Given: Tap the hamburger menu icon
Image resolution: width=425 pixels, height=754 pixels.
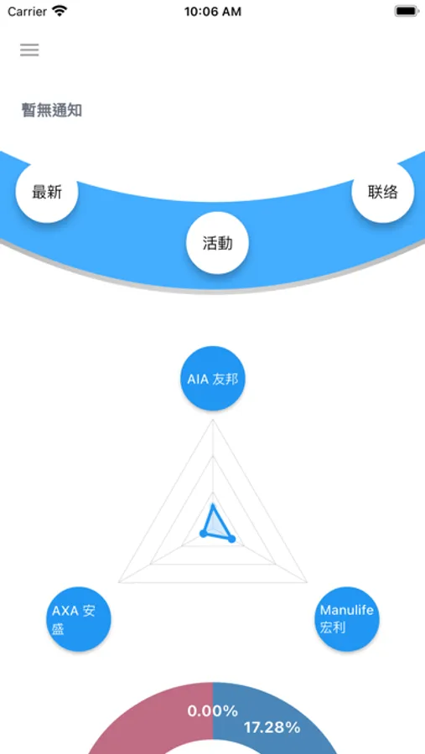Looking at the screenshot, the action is pyautogui.click(x=29, y=50).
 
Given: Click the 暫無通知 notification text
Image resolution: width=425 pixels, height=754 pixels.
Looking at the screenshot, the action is pyautogui.click(x=51, y=111).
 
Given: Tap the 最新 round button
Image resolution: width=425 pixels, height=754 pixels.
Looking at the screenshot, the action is pyautogui.click(x=47, y=192).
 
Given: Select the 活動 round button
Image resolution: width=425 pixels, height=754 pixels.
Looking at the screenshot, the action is pyautogui.click(x=217, y=243).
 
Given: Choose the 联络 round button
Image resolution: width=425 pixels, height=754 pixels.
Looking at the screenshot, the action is pyautogui.click(x=382, y=192).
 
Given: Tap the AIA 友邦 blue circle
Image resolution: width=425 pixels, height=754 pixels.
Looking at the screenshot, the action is pyautogui.click(x=213, y=379).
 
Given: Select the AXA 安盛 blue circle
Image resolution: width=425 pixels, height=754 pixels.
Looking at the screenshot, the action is pyautogui.click(x=79, y=619).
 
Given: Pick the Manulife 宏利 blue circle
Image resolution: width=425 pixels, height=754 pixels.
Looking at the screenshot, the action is pyautogui.click(x=346, y=619).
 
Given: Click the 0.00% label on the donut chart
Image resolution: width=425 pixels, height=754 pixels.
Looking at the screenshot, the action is pyautogui.click(x=212, y=711).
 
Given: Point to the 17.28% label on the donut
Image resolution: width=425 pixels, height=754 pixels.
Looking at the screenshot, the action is pyautogui.click(x=272, y=727).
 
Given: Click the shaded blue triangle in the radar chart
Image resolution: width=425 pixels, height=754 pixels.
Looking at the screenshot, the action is pyautogui.click(x=215, y=525).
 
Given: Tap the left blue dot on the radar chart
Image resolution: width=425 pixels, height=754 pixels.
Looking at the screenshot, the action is pyautogui.click(x=203, y=533).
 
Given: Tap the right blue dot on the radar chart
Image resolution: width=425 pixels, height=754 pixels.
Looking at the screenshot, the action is pyautogui.click(x=231, y=539).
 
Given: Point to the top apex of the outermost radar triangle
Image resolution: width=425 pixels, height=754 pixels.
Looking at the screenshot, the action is pyautogui.click(x=213, y=420).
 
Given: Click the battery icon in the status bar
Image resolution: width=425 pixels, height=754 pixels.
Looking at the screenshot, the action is pyautogui.click(x=407, y=12).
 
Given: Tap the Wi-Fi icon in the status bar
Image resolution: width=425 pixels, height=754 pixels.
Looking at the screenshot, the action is pyautogui.click(x=60, y=11).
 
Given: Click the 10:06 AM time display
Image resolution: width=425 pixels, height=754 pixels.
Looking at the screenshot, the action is pyautogui.click(x=212, y=12).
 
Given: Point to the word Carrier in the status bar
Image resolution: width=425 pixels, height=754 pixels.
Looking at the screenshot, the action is pyautogui.click(x=27, y=12).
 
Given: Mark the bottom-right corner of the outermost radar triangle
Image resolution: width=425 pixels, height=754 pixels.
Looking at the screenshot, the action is pyautogui.click(x=307, y=582).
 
